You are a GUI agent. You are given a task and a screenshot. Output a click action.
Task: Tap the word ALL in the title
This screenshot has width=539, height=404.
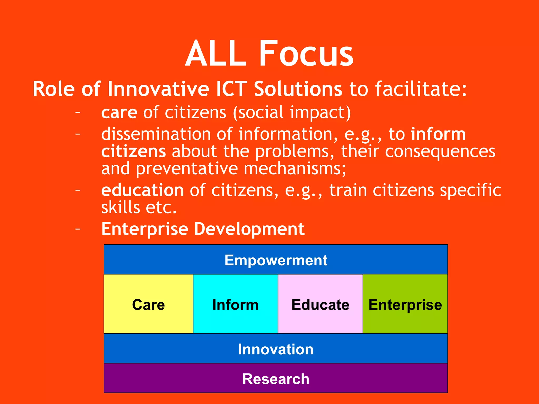(216, 53)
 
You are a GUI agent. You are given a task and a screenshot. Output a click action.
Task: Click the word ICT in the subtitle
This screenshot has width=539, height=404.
(232, 89)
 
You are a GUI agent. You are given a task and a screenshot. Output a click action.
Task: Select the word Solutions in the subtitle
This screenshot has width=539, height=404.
(298, 89)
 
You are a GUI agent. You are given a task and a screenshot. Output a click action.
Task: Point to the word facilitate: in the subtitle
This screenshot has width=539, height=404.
(421, 89)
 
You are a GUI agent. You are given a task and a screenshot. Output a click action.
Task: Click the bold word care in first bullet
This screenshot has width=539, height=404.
(119, 113)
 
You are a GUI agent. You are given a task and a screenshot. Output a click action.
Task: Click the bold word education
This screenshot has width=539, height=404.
(142, 190)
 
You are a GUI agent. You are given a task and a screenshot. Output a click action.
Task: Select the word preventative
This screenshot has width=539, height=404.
(187, 169)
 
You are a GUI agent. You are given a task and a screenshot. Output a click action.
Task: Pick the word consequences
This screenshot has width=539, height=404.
(440, 151)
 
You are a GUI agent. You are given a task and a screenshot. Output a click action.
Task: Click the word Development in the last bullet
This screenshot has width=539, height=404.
(249, 229)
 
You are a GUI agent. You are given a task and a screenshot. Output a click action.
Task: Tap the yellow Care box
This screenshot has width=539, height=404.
(148, 304)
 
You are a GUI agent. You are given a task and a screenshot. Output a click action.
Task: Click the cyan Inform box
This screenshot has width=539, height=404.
(235, 304)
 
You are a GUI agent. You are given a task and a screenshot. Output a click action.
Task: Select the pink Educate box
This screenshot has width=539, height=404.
(320, 304)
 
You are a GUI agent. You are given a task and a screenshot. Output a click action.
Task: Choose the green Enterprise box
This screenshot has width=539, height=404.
(405, 304)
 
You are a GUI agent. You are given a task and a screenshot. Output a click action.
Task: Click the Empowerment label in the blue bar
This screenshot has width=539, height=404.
(276, 260)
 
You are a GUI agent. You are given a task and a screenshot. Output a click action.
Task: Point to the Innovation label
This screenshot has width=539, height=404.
(276, 349)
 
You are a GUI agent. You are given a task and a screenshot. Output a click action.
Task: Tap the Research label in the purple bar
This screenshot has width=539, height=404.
(276, 379)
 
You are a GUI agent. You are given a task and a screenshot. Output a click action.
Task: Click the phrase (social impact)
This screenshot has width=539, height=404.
(292, 113)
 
